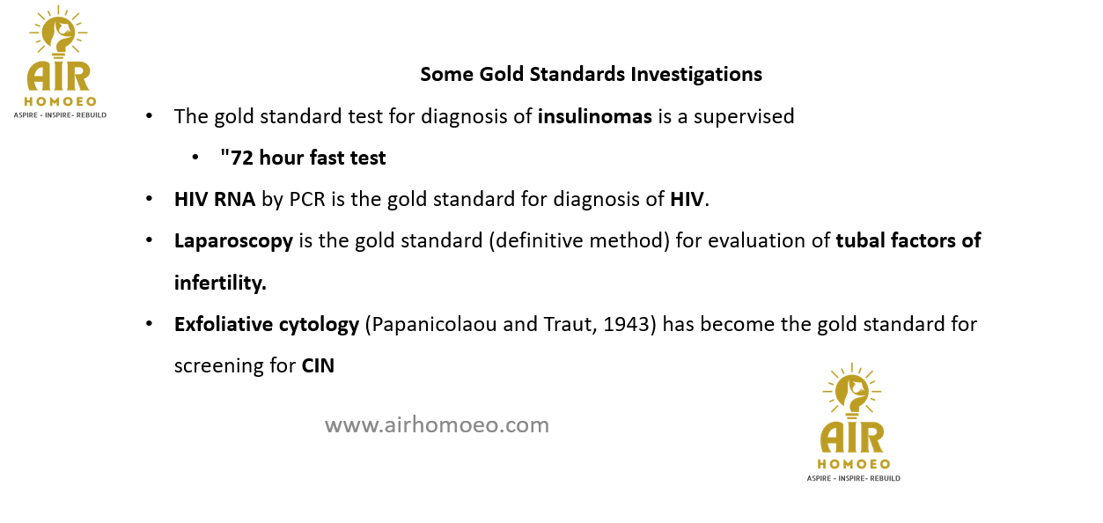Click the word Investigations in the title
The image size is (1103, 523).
(696, 74)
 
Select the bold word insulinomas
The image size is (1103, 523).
(595, 117)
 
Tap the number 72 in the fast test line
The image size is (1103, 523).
(242, 158)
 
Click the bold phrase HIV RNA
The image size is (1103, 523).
(215, 200)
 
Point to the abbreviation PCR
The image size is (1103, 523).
(307, 200)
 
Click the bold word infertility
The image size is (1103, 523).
(220, 283)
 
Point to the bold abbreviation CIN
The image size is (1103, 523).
(318, 366)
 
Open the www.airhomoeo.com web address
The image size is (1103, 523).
(437, 425)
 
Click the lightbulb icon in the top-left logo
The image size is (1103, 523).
(58, 32)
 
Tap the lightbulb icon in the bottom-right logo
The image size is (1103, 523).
(852, 392)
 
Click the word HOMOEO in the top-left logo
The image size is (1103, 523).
(60, 101)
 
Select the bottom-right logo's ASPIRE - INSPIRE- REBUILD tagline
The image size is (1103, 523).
(853, 478)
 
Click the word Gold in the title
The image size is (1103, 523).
(501, 74)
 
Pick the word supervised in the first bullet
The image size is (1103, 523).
(744, 117)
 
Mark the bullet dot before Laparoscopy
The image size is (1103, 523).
(149, 240)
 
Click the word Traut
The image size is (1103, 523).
(570, 325)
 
